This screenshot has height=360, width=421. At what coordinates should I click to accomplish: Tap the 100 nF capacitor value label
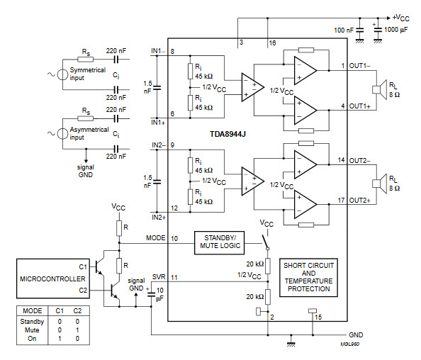pos(343,30)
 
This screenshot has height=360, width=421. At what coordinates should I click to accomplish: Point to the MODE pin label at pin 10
pos(155,237)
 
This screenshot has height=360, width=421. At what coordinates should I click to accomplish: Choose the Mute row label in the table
pos(33,330)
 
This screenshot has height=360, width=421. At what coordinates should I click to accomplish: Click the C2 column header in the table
pos(78,312)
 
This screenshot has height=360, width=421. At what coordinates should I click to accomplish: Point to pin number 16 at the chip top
pos(271,44)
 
